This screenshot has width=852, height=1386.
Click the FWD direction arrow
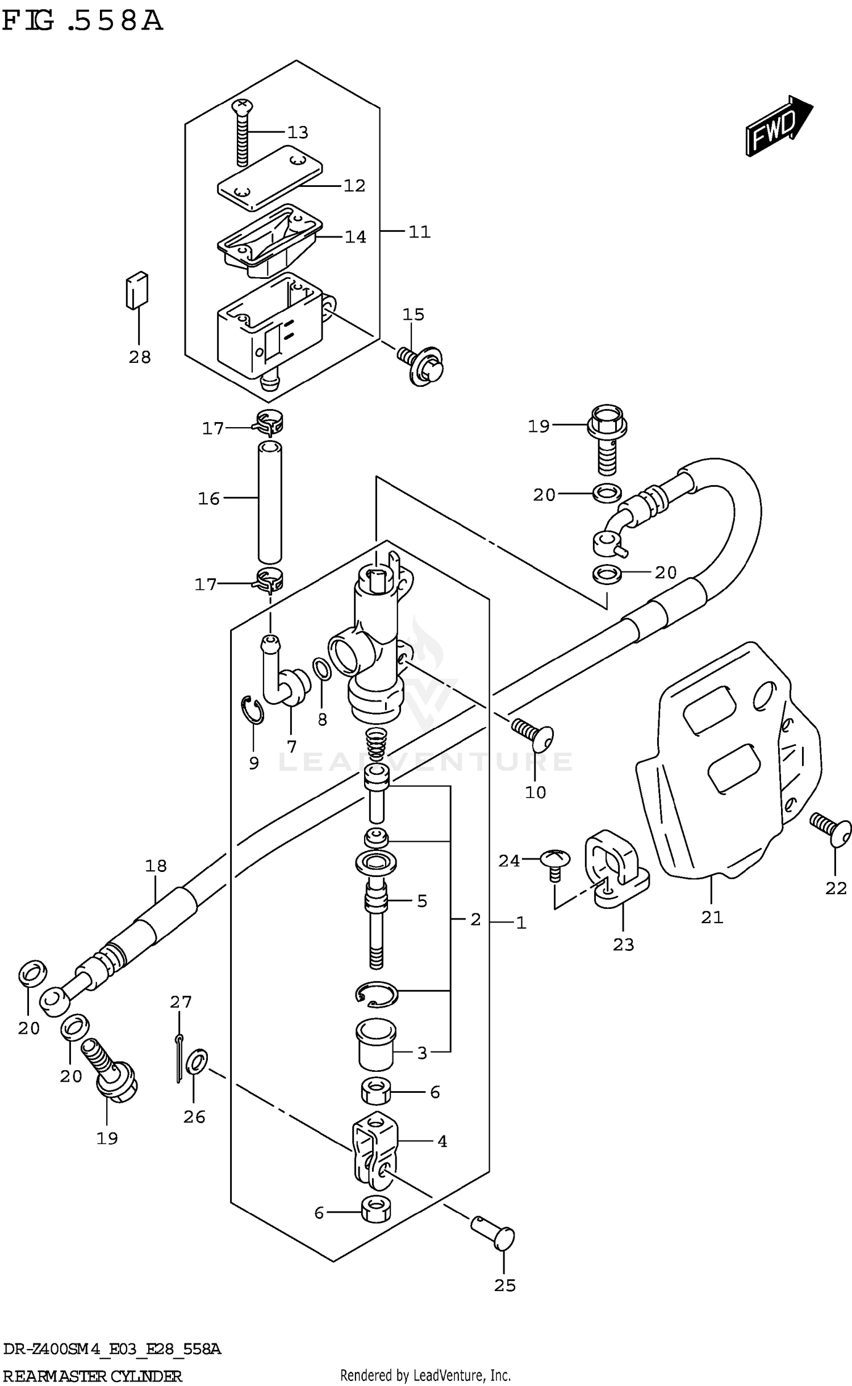point(779,124)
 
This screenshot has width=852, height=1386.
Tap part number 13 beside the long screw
point(298,132)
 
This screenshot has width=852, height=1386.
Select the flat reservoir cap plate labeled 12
point(270,177)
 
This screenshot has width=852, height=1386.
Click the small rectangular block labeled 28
point(137,290)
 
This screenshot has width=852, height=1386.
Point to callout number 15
point(414,314)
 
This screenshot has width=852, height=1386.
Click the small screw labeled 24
point(554,859)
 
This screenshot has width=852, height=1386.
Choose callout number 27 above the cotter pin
point(181,1001)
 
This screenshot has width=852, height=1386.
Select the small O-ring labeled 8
point(321,670)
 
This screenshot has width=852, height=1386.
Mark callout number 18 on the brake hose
point(156,866)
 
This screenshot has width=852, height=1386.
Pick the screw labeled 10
point(532,733)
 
